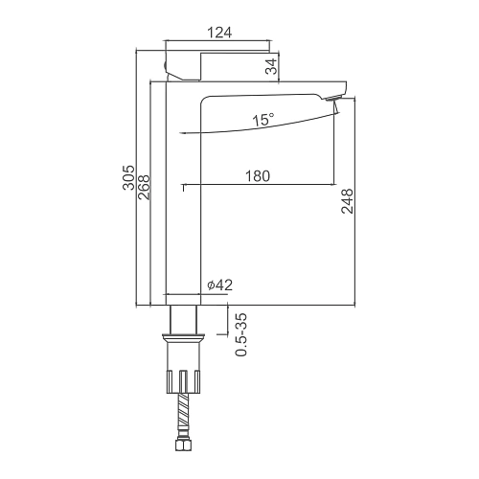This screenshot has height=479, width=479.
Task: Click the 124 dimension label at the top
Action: [x=219, y=33]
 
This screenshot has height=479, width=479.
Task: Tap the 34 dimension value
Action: [x=271, y=67]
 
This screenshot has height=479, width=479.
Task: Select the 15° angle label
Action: [x=263, y=120]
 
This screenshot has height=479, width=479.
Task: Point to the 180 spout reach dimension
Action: [x=258, y=176]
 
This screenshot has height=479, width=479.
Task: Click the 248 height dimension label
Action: [x=348, y=201]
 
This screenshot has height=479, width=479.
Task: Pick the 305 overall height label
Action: [x=129, y=177]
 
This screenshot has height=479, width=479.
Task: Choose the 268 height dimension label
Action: [x=144, y=187]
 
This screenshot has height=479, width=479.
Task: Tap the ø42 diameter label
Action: [x=219, y=285]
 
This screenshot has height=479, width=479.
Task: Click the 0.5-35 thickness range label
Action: [x=241, y=334]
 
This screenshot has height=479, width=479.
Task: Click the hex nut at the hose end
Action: [x=183, y=445]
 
